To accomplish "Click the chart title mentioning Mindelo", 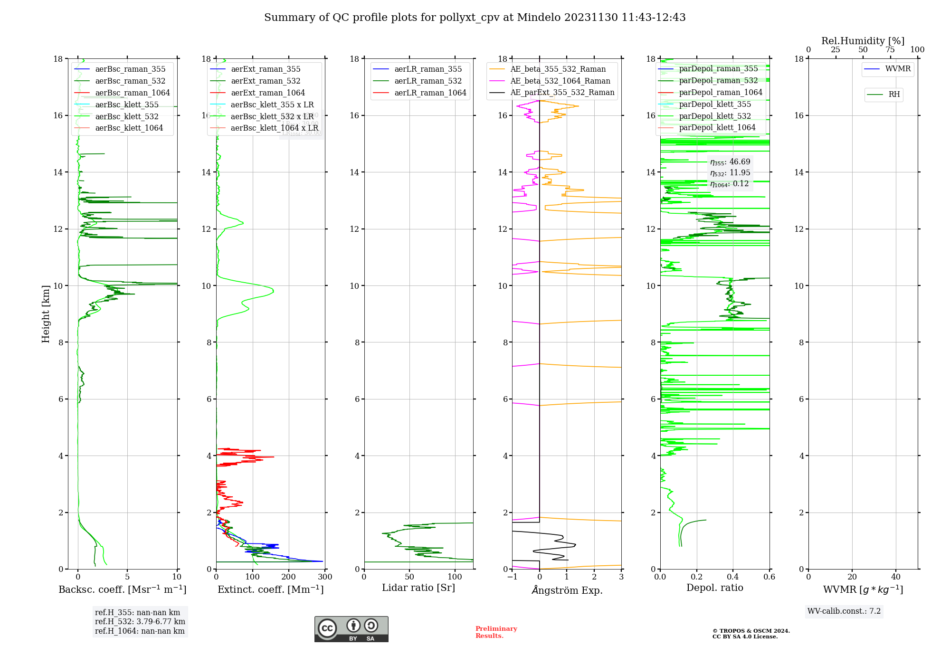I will (x=475, y=18).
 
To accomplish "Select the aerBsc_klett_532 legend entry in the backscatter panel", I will (x=127, y=116).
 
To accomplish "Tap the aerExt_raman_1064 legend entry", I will (x=268, y=93).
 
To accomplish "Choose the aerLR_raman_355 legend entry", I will (x=428, y=69).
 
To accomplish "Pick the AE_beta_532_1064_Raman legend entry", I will (x=560, y=81).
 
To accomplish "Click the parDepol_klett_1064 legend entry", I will (x=717, y=127).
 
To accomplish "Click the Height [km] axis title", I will (x=46, y=313).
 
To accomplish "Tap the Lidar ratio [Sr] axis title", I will (x=418, y=588).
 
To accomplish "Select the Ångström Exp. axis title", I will (x=567, y=590).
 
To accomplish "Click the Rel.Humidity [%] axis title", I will (x=863, y=41).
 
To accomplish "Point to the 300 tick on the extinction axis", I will (x=325, y=577).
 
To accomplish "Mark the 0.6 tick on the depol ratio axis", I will (x=769, y=577).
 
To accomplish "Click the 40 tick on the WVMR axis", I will (x=896, y=577).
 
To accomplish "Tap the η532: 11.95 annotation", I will (x=730, y=173).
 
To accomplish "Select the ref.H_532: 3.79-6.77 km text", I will (x=140, y=622).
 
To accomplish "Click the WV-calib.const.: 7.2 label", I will (x=844, y=611).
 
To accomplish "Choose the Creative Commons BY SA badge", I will (x=351, y=629).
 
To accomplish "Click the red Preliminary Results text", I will (x=496, y=632).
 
